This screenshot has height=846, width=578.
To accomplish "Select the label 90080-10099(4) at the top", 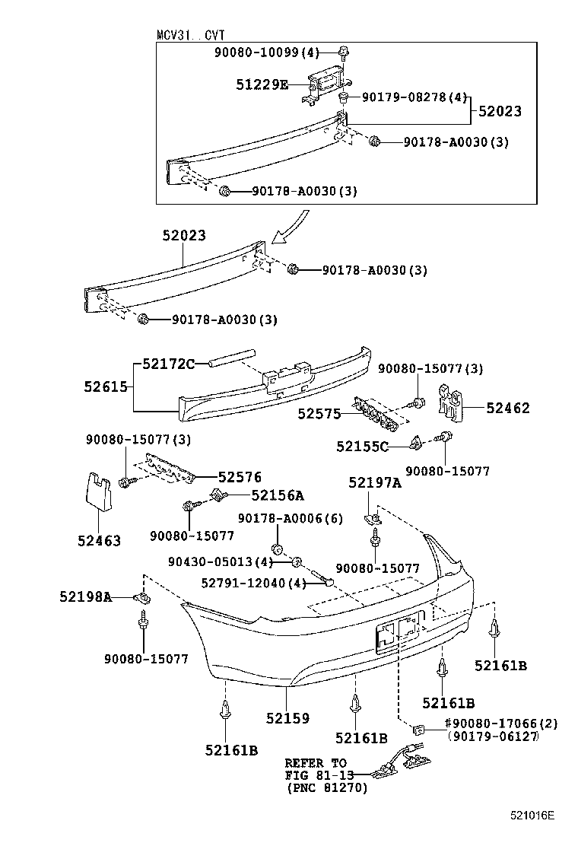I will click(276, 52).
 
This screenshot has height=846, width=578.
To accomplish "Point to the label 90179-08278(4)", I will click(414, 97).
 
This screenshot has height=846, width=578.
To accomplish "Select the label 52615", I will click(106, 386).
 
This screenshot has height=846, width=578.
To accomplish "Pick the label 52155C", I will click(362, 447).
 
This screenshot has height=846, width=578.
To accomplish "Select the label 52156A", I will click(278, 495).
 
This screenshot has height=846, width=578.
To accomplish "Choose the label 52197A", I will click(375, 482).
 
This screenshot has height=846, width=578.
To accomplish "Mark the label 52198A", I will click(86, 596).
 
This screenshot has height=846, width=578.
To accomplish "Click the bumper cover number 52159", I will click(287, 717).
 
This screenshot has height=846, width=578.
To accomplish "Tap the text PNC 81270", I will click(327, 788).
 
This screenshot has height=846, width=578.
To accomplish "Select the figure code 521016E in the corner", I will click(532, 816).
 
